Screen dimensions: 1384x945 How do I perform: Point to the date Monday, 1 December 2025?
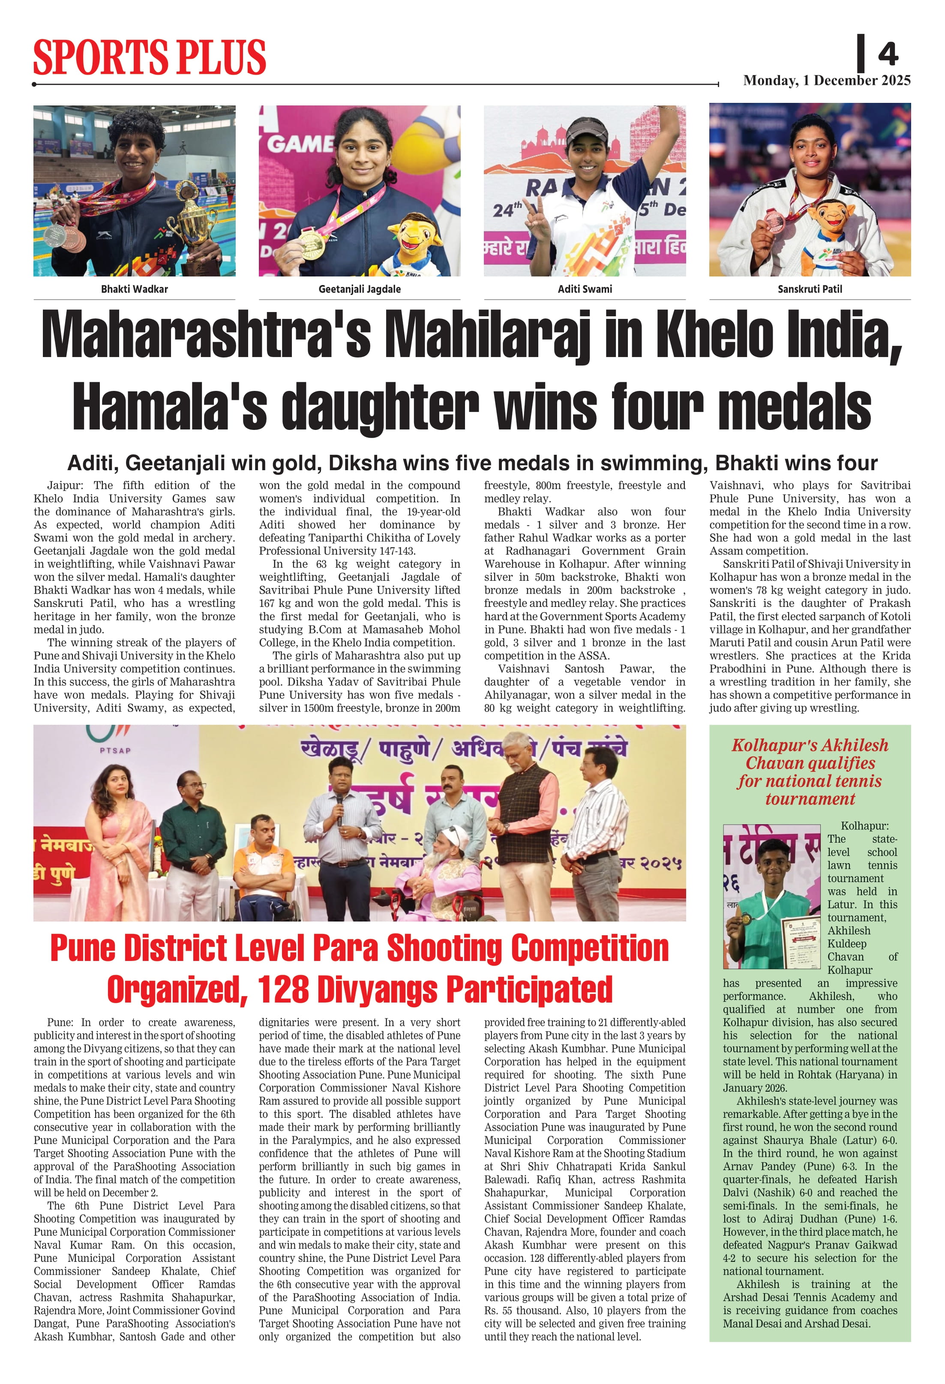tap(827, 81)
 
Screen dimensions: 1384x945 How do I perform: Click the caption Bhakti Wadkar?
tap(134, 289)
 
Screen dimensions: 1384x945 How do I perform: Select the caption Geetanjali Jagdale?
tap(359, 289)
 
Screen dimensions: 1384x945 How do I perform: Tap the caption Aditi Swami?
tap(584, 289)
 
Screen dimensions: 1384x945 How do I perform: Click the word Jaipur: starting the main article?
tap(65, 485)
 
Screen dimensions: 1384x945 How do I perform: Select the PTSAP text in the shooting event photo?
tap(115, 751)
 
